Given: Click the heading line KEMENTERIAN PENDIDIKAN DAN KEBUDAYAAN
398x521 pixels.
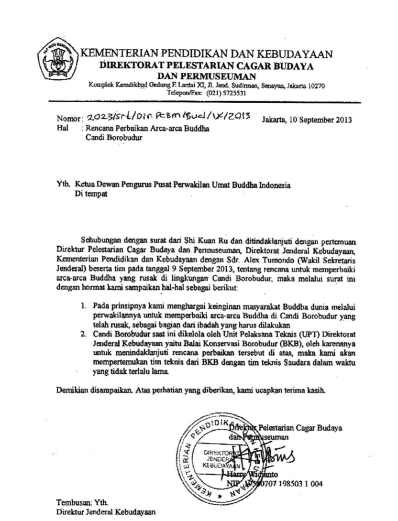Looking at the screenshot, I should click(x=207, y=53).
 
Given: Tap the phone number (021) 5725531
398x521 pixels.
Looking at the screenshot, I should click(x=226, y=94).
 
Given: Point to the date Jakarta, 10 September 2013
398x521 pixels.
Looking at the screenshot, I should click(x=307, y=120).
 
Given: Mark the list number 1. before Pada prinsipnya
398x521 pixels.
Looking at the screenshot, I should click(x=84, y=304).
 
